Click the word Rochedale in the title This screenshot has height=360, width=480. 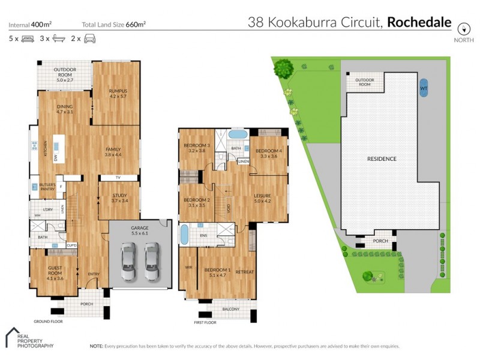coord(419,23)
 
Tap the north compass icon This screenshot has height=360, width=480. coord(463,29)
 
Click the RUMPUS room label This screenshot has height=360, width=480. coord(118,91)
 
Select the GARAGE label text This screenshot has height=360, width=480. coord(140,228)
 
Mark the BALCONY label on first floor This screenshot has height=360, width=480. coord(230,310)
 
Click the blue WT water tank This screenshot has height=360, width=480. coord(424,88)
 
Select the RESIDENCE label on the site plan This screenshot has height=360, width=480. coord(382,159)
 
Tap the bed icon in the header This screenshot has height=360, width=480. coord(28,39)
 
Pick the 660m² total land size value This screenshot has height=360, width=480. coord(136,25)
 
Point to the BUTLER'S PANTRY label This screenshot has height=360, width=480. coord(48,187)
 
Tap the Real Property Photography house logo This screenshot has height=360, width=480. coord(14,337)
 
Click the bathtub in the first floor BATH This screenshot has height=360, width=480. coord(237,134)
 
